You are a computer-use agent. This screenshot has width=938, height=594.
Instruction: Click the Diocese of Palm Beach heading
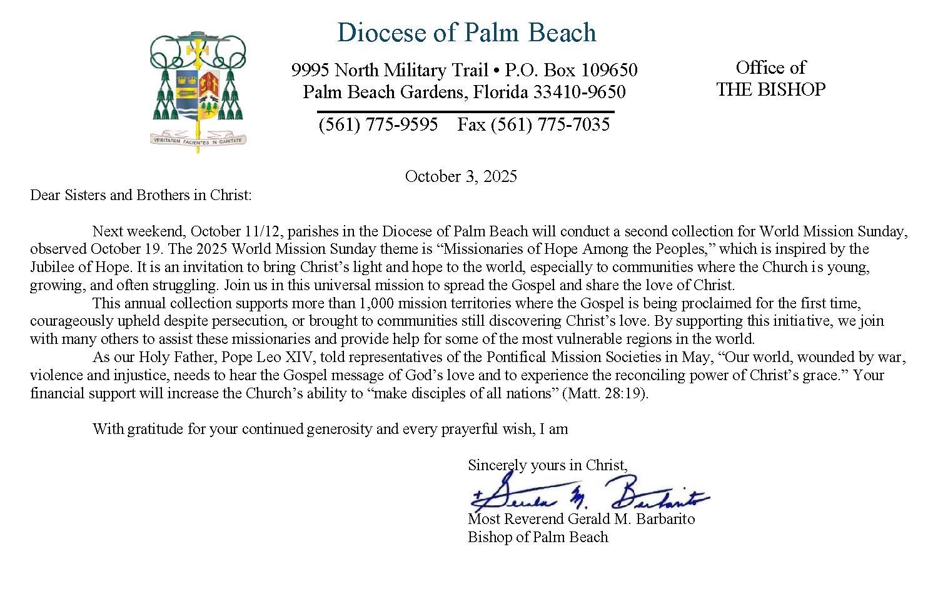coord(466,33)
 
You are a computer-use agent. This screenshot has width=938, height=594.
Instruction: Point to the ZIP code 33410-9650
coord(579,93)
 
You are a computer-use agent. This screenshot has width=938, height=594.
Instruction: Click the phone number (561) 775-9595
coord(378,124)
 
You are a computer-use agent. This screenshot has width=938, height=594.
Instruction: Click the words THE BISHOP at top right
coord(770,90)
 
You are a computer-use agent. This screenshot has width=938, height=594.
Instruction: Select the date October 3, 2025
coord(461,176)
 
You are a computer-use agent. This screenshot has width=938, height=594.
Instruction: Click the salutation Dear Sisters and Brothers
coord(141,195)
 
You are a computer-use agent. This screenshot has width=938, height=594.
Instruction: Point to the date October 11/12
coord(238,231)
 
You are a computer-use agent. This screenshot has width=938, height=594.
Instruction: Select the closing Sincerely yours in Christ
coord(547,465)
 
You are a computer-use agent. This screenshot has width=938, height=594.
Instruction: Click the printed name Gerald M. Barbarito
coord(630,519)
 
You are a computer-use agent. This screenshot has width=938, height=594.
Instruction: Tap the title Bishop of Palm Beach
coord(538,537)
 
